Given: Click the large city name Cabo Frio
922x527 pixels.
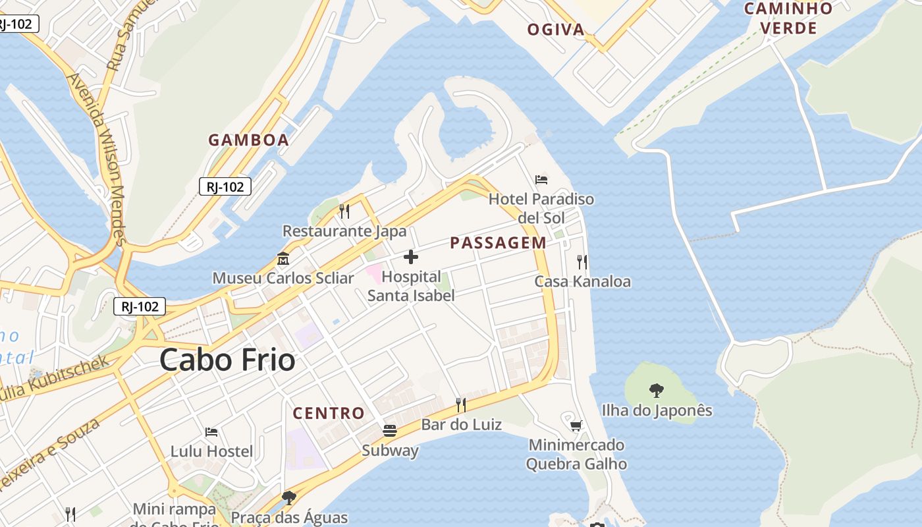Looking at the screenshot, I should [x=227, y=360].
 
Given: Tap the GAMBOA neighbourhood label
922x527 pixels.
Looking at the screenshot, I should [x=249, y=140].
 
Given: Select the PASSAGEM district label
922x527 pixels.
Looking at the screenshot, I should [x=498, y=242].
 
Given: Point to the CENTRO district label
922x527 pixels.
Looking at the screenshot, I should [x=329, y=413].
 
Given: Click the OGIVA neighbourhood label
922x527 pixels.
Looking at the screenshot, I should [x=556, y=29].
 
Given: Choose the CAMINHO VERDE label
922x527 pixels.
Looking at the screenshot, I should [x=788, y=18].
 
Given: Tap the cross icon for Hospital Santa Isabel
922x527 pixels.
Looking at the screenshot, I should [x=411, y=256].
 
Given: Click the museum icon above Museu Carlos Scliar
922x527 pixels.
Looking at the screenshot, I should [x=283, y=258].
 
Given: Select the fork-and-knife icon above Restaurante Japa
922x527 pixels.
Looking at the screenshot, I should [x=344, y=211].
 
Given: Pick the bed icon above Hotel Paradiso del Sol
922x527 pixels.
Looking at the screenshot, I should [x=541, y=179].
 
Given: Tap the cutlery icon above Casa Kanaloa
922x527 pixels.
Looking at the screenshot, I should [x=582, y=262].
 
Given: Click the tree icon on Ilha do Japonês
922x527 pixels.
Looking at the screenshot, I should [x=657, y=391].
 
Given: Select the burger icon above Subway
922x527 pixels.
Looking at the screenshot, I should [x=390, y=431].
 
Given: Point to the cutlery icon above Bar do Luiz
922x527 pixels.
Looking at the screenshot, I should [x=461, y=404].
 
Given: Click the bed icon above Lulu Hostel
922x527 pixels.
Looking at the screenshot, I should [x=211, y=432].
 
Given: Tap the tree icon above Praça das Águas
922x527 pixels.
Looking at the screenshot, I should [x=288, y=497].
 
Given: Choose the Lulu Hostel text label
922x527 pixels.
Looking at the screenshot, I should [x=211, y=451].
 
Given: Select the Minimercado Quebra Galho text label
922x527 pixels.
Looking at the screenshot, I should [x=576, y=454].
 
